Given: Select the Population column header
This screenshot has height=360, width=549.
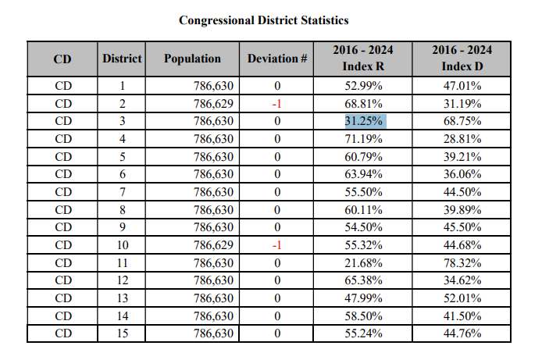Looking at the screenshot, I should tap(192, 59).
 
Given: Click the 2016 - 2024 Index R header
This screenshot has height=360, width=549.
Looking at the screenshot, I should tap(363, 59).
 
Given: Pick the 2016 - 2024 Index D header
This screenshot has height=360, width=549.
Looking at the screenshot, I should tap(462, 59).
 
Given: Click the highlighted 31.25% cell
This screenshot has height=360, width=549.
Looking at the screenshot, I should tap(363, 121).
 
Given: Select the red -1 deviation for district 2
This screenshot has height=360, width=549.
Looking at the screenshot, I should tap(276, 103).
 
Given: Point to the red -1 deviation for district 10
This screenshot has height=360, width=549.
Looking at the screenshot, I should tap(276, 245).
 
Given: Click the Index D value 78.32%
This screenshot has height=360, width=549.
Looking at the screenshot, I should tap(462, 263).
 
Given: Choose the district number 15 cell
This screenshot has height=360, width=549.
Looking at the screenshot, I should tap(122, 334).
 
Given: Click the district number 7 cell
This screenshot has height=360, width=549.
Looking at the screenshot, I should tap(122, 192).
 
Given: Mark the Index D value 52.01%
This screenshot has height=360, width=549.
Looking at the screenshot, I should tap(462, 298).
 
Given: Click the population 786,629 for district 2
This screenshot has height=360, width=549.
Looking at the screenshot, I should tap(214, 103).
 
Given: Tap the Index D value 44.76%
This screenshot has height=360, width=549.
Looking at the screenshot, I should tap(462, 334).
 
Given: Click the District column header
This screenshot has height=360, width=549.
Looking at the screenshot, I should tap(122, 59).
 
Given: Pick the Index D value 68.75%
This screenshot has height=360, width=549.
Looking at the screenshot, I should tap(462, 121).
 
